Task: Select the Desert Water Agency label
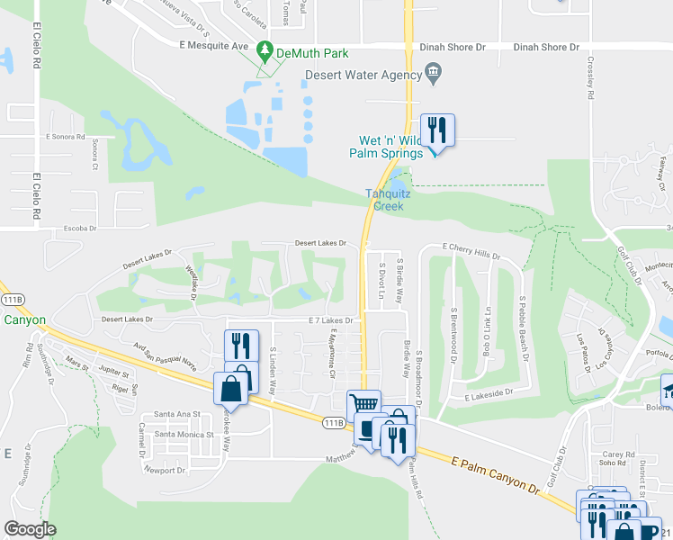click(365, 76)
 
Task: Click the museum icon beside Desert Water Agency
click(433, 73)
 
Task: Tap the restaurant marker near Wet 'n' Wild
click(437, 130)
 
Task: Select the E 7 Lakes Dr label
click(330, 320)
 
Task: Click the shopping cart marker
click(363, 406)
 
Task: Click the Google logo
click(30, 529)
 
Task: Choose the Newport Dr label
click(164, 470)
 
